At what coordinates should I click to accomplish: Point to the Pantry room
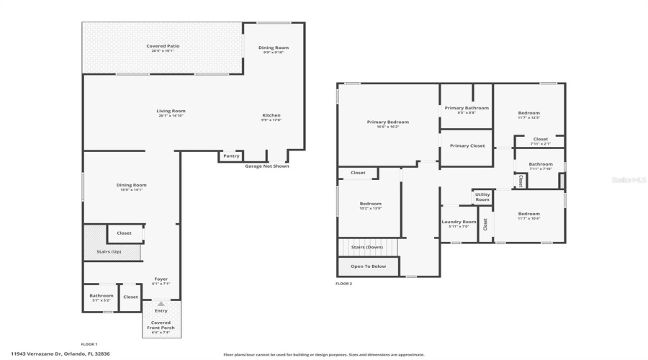[231, 156]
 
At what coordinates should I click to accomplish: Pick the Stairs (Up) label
[109, 251]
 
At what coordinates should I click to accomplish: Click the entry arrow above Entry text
[161, 304]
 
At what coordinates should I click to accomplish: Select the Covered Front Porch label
[161, 325]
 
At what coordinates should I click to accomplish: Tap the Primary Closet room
[467, 145]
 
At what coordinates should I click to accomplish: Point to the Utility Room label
[482, 197]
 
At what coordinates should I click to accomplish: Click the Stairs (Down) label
[367, 247]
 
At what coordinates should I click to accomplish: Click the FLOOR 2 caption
[343, 284]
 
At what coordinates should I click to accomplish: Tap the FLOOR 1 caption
[89, 344]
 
